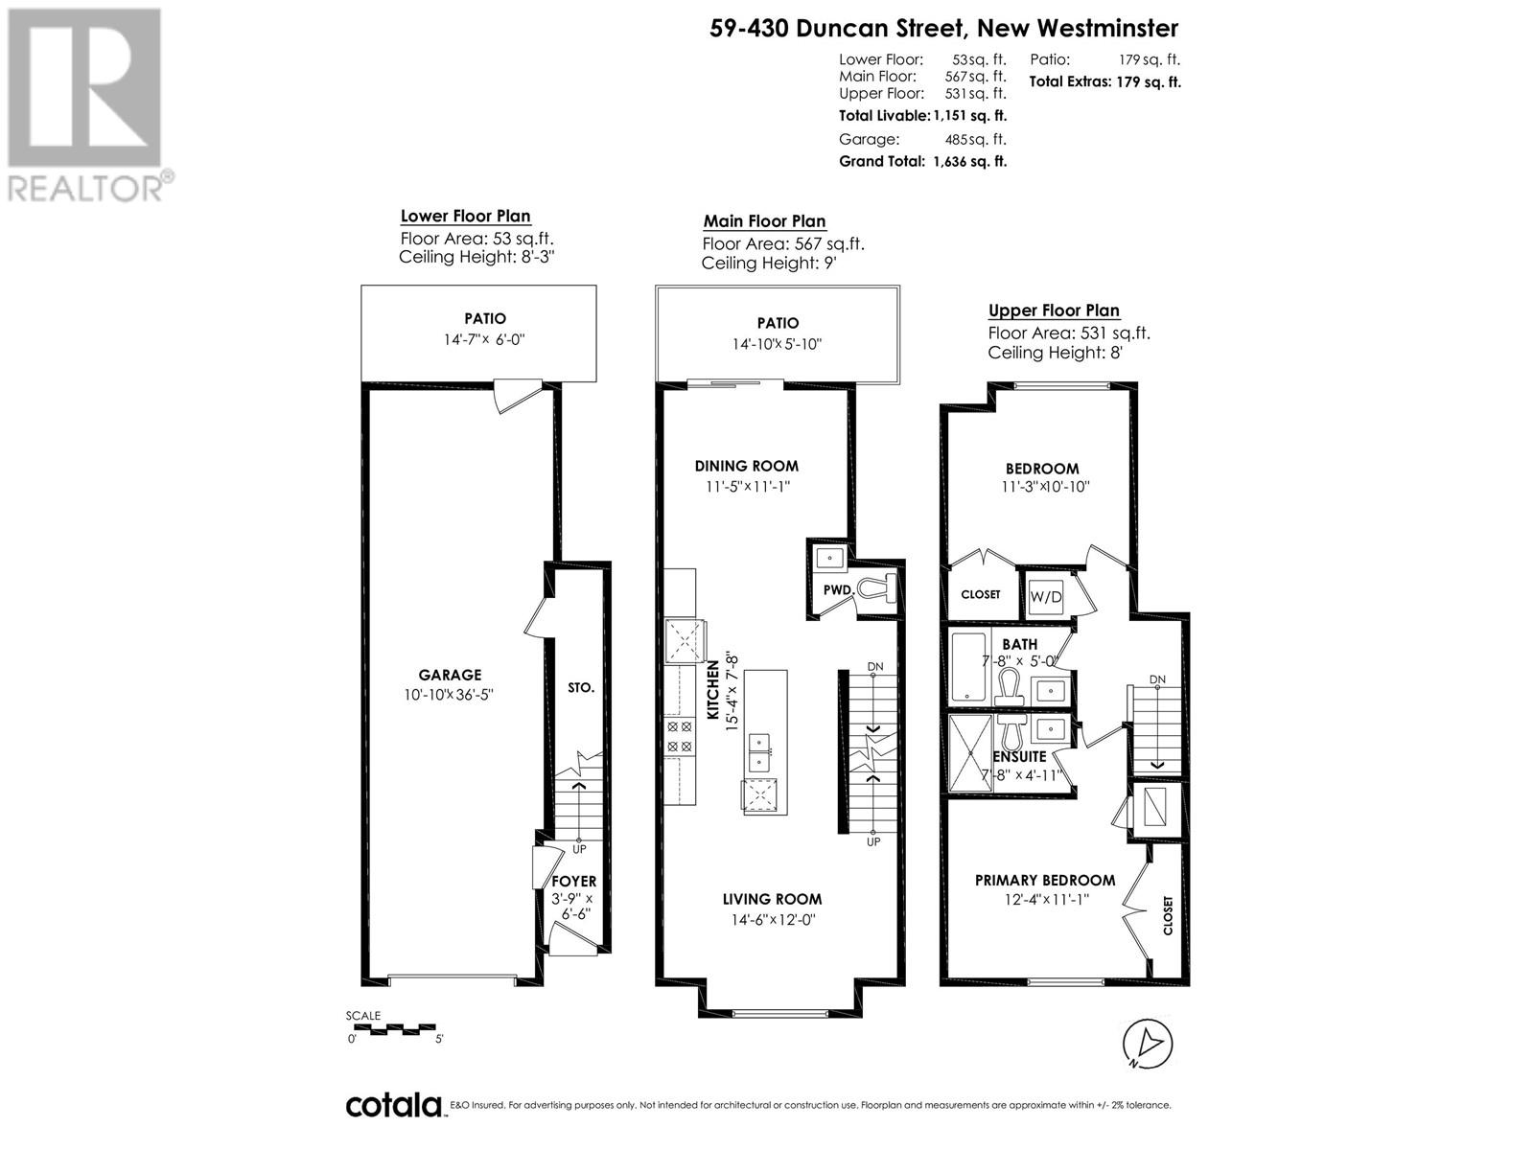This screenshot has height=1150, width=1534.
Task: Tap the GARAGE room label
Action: pyautogui.click(x=450, y=676)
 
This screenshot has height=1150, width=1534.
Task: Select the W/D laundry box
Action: pyautogui.click(x=1045, y=597)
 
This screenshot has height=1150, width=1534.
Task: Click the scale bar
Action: pyautogui.click(x=394, y=1028)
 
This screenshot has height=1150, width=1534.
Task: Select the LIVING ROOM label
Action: pyautogui.click(x=772, y=899)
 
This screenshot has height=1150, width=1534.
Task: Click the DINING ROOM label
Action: pyautogui.click(x=746, y=467)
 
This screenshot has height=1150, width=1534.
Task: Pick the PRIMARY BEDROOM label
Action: pyautogui.click(x=1045, y=881)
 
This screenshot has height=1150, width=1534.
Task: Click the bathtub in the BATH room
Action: pyautogui.click(x=968, y=666)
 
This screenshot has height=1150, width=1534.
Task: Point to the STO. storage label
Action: pyautogui.click(x=581, y=688)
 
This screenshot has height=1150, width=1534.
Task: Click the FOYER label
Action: pyautogui.click(x=573, y=882)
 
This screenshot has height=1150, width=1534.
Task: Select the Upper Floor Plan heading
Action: pyautogui.click(x=1054, y=310)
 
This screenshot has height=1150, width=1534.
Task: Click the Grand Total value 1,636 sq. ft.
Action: pyautogui.click(x=970, y=161)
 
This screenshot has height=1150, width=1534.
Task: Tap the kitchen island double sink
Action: pyautogui.click(x=759, y=751)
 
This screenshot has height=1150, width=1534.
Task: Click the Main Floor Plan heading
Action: pyautogui.click(x=764, y=221)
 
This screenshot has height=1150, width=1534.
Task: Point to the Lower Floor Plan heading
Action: pyautogui.click(x=465, y=217)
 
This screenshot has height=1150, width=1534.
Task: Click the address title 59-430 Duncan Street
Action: pyautogui.click(x=838, y=29)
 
